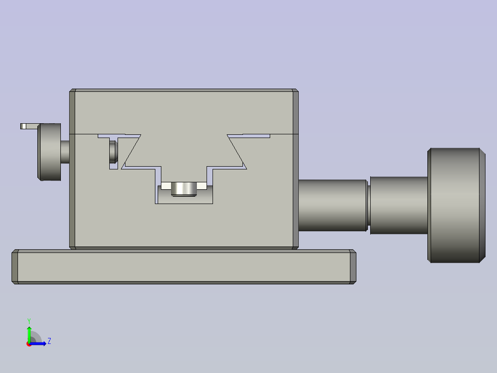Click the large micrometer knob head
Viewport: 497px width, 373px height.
(456, 205)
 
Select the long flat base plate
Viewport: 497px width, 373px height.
(184, 267)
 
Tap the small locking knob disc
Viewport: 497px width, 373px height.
(49, 152)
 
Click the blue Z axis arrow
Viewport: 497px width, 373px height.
(38, 343)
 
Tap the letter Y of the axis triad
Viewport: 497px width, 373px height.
(29, 321)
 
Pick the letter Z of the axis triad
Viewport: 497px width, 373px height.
(49, 341)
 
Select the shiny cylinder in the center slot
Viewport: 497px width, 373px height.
(184, 189)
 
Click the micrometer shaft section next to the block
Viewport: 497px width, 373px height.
(332, 205)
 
